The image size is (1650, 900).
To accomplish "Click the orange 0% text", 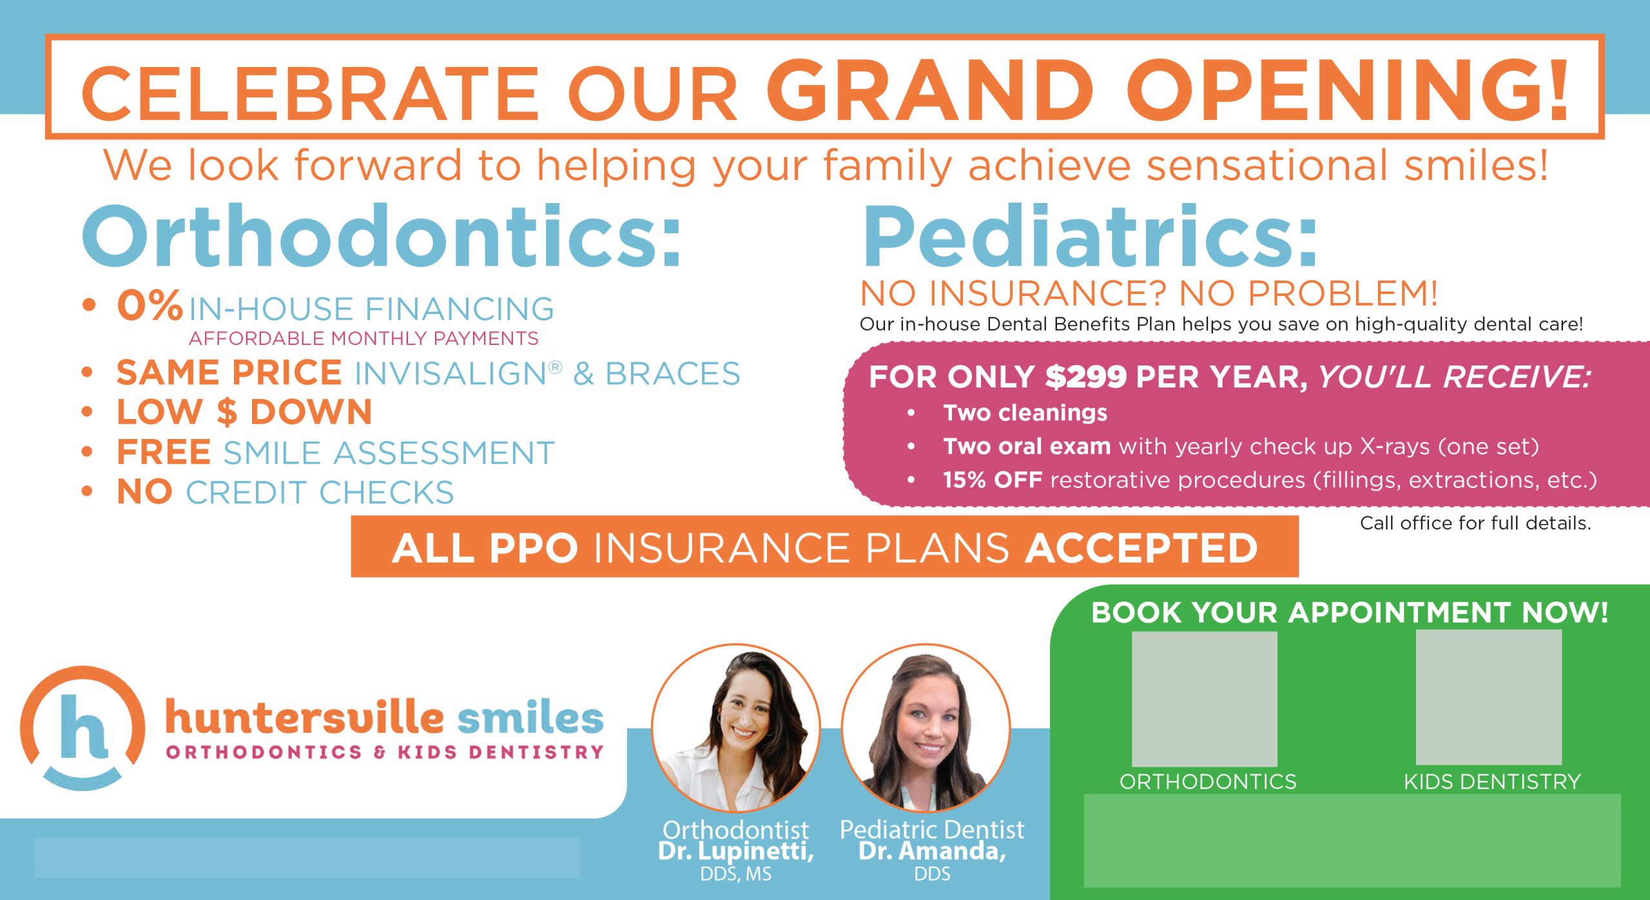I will click(150, 306).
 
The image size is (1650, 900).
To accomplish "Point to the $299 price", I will click(1085, 377).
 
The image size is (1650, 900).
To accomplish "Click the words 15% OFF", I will click(992, 480).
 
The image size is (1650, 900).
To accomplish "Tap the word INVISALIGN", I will click(451, 375).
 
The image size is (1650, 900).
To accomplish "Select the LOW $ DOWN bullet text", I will click(244, 413).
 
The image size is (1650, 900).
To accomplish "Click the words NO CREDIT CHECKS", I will click(285, 493).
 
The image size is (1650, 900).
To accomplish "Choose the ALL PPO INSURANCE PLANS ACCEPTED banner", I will click(824, 547).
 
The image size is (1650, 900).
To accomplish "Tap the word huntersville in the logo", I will click(304, 718).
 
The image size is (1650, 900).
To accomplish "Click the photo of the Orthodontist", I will click(735, 729).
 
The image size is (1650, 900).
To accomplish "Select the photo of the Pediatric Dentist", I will click(926, 729).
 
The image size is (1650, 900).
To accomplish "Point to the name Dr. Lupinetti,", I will click(735, 851).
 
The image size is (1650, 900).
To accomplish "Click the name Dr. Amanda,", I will click(932, 851).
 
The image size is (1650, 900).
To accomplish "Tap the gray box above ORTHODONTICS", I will click(1204, 699).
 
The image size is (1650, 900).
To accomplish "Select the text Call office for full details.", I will click(1475, 523).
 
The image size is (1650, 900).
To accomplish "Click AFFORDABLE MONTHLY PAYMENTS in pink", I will click(363, 338).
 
